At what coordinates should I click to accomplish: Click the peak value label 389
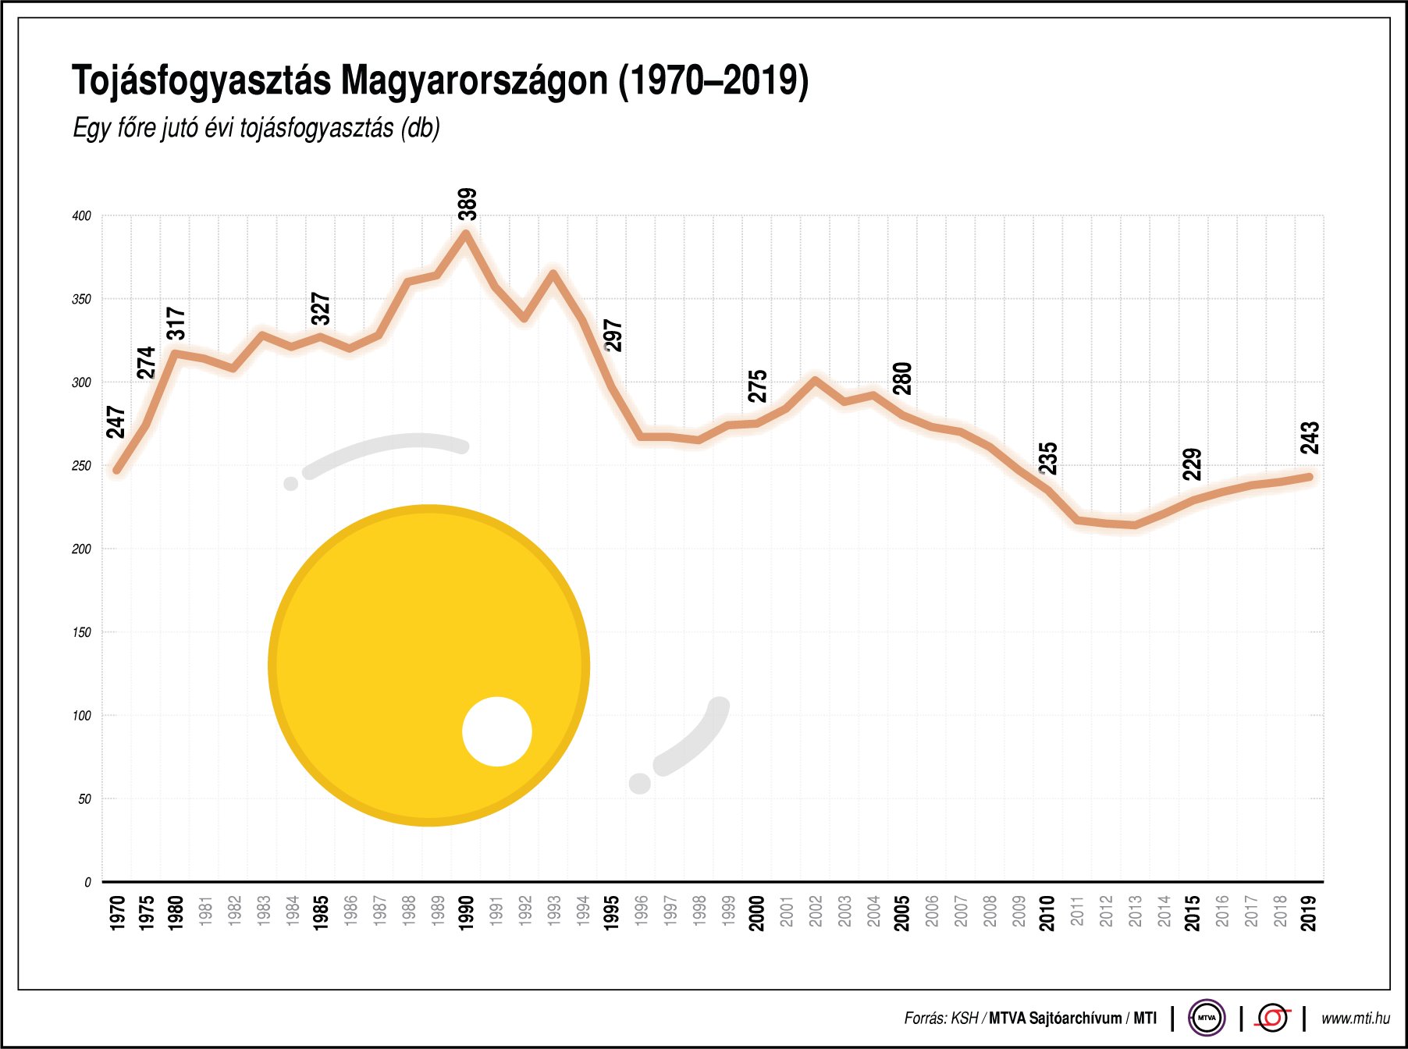[467, 204]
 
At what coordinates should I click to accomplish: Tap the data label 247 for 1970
[116, 422]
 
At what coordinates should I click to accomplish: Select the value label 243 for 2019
[1310, 438]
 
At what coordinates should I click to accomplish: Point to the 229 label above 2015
[1192, 464]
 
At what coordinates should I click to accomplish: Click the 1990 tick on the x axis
[466, 912]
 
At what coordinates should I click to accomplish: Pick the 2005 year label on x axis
[901, 912]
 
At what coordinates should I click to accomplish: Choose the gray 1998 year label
[699, 912]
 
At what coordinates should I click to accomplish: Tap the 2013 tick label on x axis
[1134, 912]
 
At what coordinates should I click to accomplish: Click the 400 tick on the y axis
[81, 216]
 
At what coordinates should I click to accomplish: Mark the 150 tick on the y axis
[81, 632]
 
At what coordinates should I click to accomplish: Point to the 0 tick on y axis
[87, 883]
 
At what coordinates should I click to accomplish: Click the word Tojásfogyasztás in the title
[201, 80]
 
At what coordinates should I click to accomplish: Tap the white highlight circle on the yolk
[496, 731]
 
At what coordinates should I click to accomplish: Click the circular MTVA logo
[1206, 1018]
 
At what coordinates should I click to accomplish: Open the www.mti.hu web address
[1356, 1019]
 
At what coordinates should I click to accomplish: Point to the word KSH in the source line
[965, 1019]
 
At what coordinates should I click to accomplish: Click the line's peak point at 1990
[466, 233]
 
